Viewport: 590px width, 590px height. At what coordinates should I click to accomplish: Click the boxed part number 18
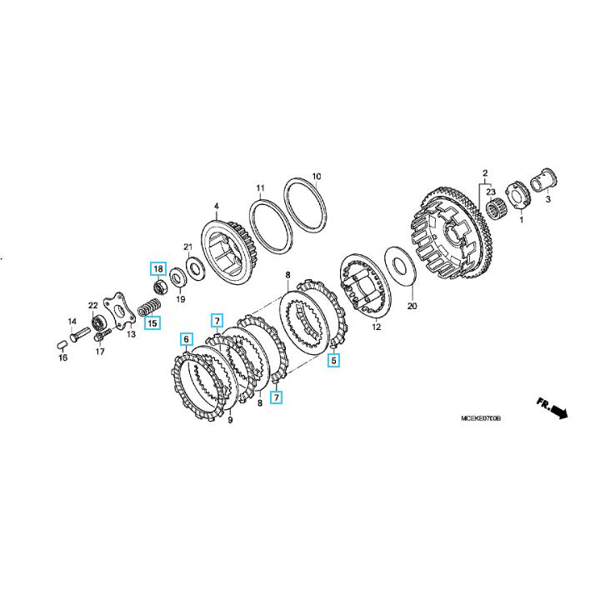(158, 268)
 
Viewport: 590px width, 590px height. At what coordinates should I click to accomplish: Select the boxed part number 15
(152, 322)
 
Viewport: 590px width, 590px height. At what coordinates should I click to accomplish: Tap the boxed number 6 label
(187, 339)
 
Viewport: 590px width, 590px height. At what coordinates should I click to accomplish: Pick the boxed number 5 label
(334, 361)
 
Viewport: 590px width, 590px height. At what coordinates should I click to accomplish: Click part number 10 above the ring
(317, 177)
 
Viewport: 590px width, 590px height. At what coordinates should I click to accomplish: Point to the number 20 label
(412, 307)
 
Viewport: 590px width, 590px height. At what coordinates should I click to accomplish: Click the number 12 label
(377, 327)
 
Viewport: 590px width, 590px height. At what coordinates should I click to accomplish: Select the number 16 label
(62, 357)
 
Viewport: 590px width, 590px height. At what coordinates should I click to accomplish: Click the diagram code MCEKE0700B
(481, 418)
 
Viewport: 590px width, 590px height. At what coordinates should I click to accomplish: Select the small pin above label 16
(62, 344)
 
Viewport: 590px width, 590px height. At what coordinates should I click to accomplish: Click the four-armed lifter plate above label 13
(119, 312)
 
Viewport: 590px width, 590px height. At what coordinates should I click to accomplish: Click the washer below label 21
(196, 267)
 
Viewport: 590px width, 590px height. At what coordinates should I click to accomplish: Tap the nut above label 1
(518, 195)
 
